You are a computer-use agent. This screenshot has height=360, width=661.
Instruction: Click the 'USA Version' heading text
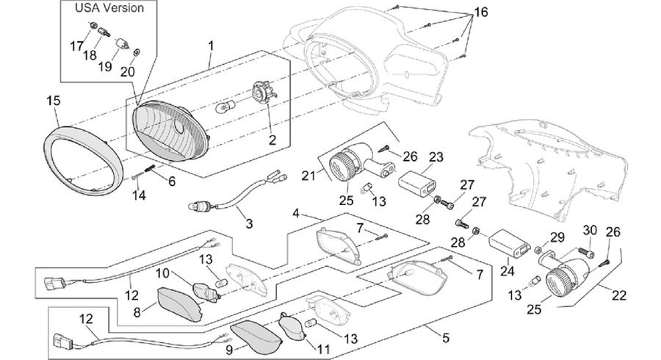pyautogui.click(x=109, y=7)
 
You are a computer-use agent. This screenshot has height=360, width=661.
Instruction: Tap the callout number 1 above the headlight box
pyautogui.click(x=211, y=45)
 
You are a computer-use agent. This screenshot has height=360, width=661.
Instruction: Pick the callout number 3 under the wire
pyautogui.click(x=249, y=223)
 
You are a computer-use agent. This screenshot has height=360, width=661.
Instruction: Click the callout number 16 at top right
pyautogui.click(x=480, y=12)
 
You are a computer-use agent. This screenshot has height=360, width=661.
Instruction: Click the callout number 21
pyautogui.click(x=308, y=175)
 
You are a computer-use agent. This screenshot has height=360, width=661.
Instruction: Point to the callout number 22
pyautogui.click(x=619, y=295)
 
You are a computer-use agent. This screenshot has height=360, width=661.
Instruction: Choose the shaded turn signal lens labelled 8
pyautogui.click(x=178, y=303)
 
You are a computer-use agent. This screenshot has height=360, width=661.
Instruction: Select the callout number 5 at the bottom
pyautogui.click(x=446, y=337)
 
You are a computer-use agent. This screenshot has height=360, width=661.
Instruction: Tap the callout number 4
pyautogui.click(x=296, y=213)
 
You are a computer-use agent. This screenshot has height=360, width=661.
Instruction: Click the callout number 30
pyautogui.click(x=590, y=231)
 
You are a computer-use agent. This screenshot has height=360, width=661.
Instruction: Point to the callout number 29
pyautogui.click(x=557, y=237)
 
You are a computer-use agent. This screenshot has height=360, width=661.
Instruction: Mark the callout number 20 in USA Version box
pyautogui.click(x=127, y=71)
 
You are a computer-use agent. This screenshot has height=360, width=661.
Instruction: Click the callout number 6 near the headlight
pyautogui.click(x=172, y=181)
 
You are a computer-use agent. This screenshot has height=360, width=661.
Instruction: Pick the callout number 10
pyautogui.click(x=162, y=273)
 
